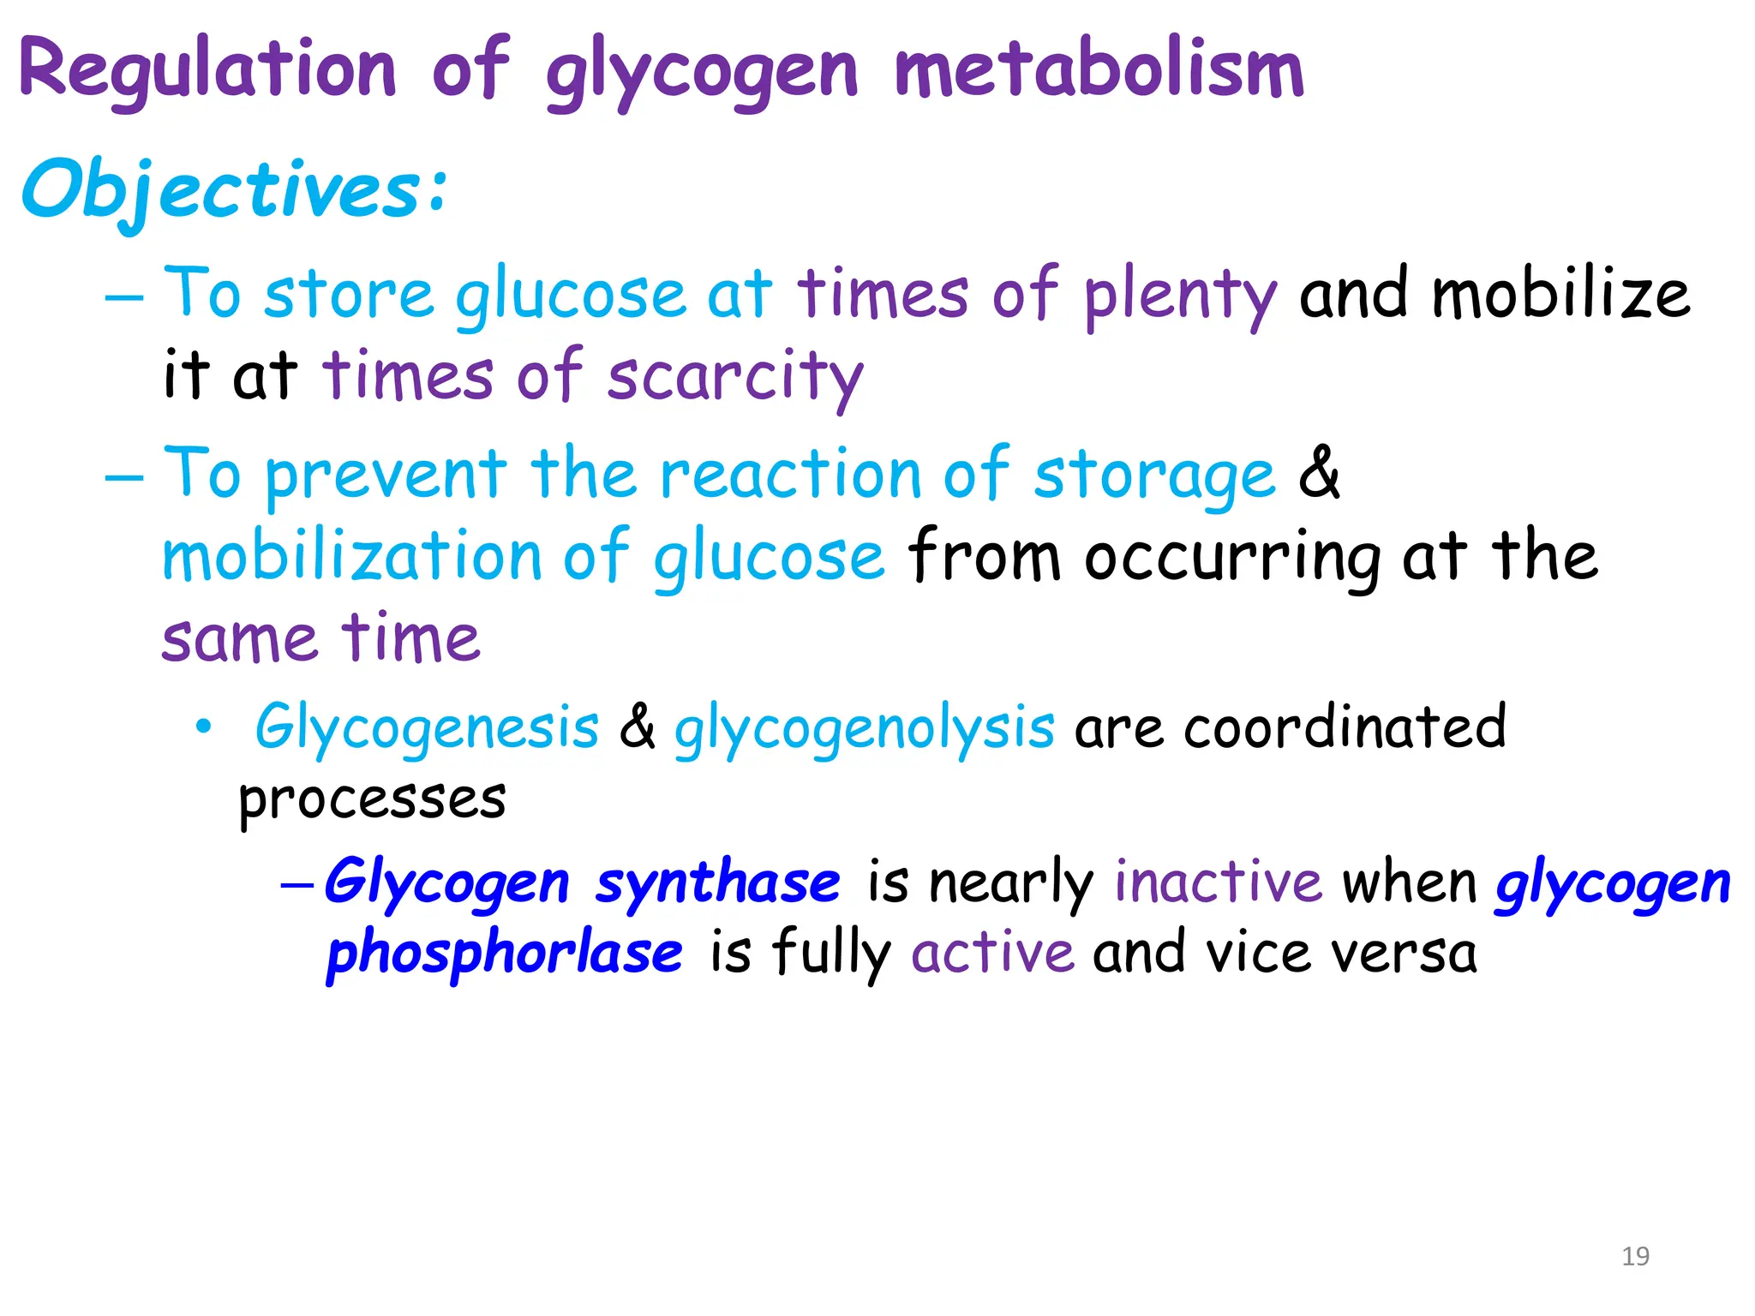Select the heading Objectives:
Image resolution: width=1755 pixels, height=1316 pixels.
234,190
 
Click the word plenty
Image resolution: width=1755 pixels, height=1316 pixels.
1180,296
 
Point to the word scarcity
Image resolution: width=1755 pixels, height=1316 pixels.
734,377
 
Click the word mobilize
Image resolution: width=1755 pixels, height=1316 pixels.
1560,294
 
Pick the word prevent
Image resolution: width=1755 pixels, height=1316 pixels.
386,475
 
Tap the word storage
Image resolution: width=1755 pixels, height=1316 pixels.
1154,476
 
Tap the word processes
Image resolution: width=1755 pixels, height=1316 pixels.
372,800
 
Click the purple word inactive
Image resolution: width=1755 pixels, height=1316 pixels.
1218,882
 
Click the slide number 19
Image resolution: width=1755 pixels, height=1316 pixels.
1635,1256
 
